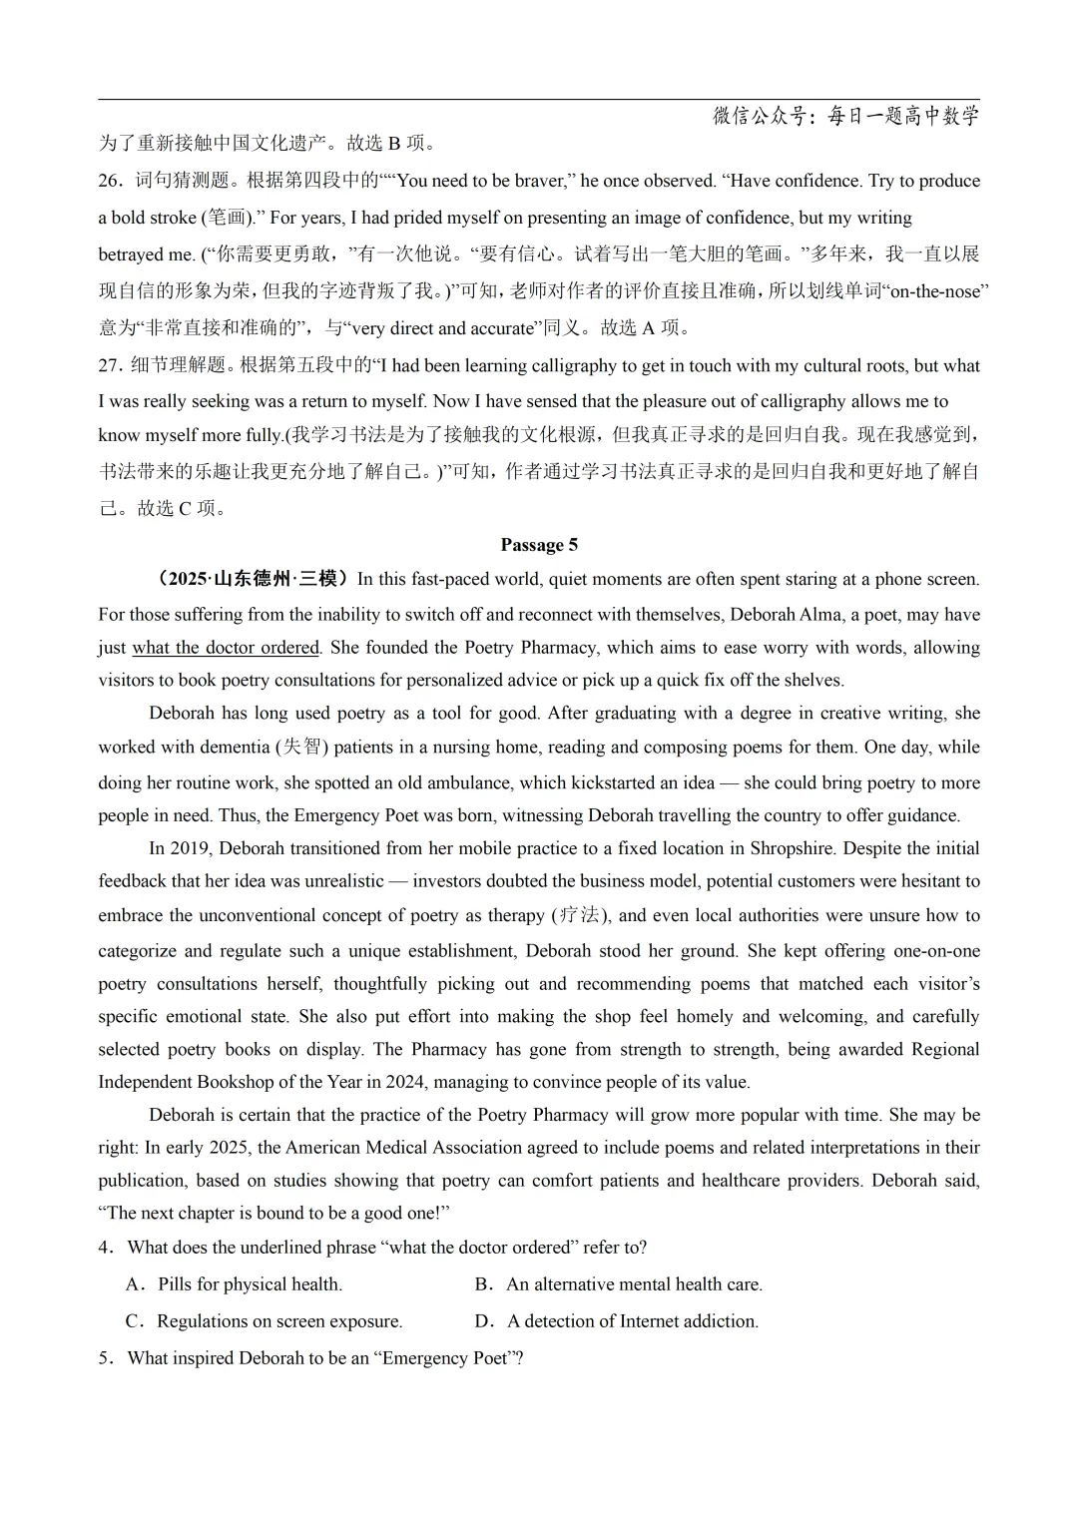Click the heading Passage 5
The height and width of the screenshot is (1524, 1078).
coord(539,545)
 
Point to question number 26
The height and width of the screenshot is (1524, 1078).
coord(109,181)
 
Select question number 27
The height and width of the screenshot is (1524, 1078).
coord(109,365)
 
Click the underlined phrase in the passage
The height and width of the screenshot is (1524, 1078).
coord(226,647)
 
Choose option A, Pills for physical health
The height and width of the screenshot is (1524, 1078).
coord(236,1284)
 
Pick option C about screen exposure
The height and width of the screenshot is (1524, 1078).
coord(266,1321)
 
